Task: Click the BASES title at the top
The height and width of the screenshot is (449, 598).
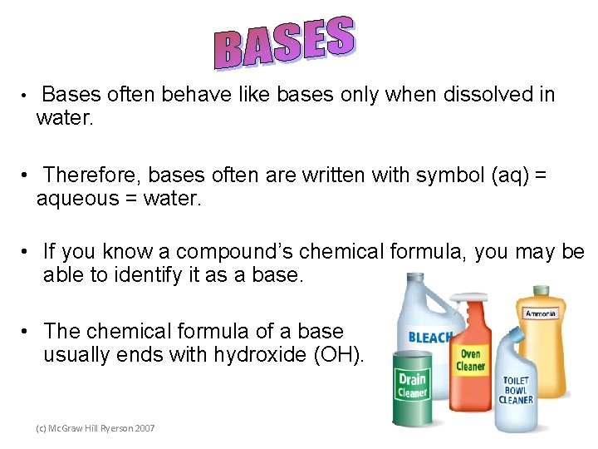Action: click(x=285, y=43)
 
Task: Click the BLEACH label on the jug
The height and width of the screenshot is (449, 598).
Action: click(x=430, y=338)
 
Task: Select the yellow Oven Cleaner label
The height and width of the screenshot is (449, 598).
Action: click(x=471, y=360)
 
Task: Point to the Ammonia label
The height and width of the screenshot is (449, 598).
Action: click(x=541, y=313)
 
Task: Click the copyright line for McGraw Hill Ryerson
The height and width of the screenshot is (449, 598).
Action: click(x=95, y=427)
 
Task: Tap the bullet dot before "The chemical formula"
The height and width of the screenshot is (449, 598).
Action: click(x=27, y=331)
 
